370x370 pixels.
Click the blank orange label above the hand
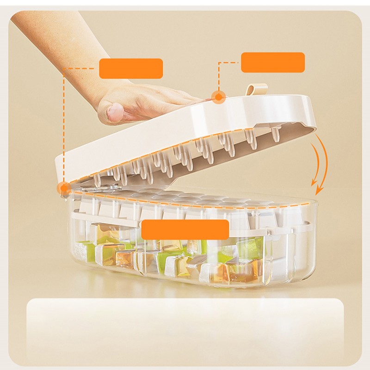tap(131, 68)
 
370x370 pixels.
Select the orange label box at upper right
tap(273, 62)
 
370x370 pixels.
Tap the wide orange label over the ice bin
tap(185, 229)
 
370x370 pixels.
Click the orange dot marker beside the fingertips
tap(218, 96)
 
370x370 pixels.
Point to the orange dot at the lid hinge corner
tap(63, 188)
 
